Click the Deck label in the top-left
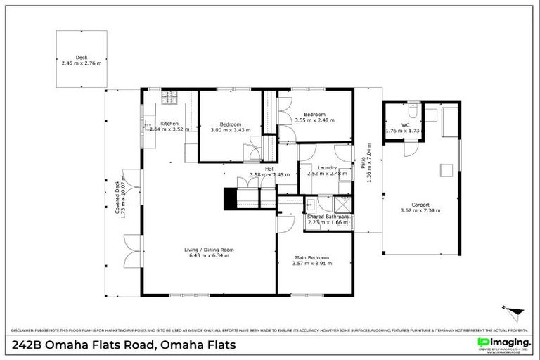(82, 58)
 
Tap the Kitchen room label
(169, 124)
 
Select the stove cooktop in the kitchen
(169, 97)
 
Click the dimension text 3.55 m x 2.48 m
(314, 120)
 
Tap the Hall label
(269, 169)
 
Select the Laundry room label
(327, 167)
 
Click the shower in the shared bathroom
(342, 205)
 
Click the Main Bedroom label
(312, 257)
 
